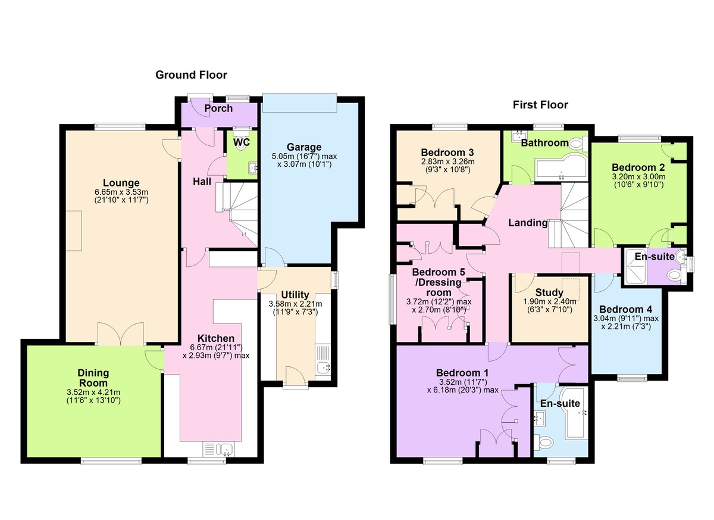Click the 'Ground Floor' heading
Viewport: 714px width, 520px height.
click(191, 75)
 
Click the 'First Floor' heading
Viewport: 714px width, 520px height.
click(540, 105)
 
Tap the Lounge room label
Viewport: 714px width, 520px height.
click(121, 183)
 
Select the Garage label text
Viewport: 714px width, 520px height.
click(303, 147)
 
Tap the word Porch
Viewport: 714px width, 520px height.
click(218, 109)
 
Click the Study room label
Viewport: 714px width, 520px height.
click(549, 293)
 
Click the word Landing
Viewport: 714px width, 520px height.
click(527, 223)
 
